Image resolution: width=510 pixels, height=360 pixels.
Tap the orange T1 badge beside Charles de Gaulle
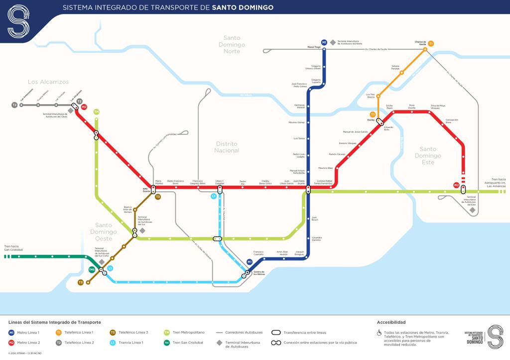pyautogui.click(x=431, y=44)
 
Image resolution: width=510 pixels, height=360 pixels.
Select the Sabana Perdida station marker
pyautogui.click(x=402, y=73)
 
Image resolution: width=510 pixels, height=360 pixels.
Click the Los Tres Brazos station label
pyautogui.click(x=371, y=96)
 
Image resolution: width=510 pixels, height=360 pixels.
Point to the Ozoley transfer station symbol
pyautogui.click(x=380, y=121)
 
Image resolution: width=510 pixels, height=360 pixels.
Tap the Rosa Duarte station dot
pyautogui.click(x=412, y=112)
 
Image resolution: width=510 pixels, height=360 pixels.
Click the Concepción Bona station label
pyautogui.click(x=451, y=121)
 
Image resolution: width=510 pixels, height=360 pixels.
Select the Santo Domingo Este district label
pyautogui.click(x=428, y=155)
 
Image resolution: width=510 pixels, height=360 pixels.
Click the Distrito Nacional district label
pyautogui.click(x=227, y=147)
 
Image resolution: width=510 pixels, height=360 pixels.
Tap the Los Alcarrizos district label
pyautogui.click(x=48, y=82)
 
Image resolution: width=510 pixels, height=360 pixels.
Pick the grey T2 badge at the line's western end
pyautogui.click(x=14, y=105)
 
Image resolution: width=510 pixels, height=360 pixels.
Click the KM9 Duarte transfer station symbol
pyautogui.click(x=153, y=189)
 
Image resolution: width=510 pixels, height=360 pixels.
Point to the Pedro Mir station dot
pyautogui.click(x=243, y=188)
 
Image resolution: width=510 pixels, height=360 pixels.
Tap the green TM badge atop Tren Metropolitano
pyautogui.click(x=96, y=112)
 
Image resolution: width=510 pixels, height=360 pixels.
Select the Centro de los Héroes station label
pyautogui.click(x=259, y=273)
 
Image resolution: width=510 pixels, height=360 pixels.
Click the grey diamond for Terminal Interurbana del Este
pyautogui.click(x=472, y=210)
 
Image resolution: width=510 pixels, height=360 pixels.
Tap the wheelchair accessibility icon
pyautogui.click(x=379, y=333)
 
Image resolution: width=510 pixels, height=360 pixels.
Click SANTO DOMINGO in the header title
pyautogui.click(x=243, y=7)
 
